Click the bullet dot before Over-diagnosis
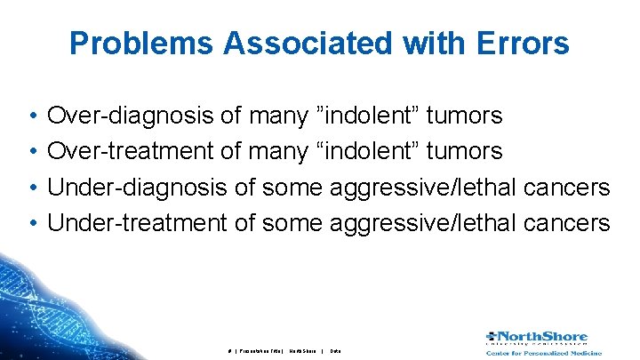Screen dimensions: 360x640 coord(31,116)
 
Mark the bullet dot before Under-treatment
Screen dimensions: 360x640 coord(31,223)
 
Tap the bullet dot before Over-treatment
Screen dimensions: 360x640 coord(31,152)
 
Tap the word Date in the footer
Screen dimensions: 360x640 coord(335,351)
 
